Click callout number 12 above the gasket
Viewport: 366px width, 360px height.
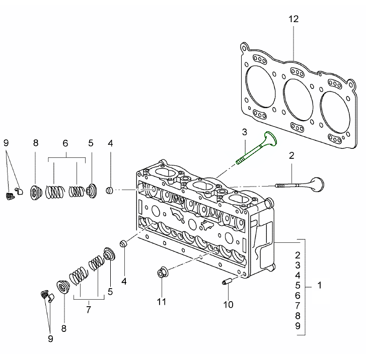click(x=294, y=20)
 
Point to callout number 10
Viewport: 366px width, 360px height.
click(x=229, y=304)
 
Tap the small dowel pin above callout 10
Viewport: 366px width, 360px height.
click(x=225, y=283)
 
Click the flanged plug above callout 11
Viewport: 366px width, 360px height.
click(x=162, y=272)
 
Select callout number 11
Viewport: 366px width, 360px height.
click(x=161, y=302)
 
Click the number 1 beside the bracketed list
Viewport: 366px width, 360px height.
click(x=320, y=286)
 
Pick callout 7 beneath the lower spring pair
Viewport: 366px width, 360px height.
click(x=89, y=310)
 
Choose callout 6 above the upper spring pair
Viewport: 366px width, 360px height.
click(x=65, y=143)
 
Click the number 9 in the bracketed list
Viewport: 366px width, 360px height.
click(x=298, y=326)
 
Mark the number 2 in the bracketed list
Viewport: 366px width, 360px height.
click(x=298, y=255)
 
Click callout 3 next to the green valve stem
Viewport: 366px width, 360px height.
click(x=244, y=133)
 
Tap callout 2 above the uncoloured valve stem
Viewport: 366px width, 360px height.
click(x=291, y=156)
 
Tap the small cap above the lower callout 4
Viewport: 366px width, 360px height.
click(x=123, y=244)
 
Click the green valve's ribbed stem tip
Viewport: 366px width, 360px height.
click(x=240, y=161)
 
